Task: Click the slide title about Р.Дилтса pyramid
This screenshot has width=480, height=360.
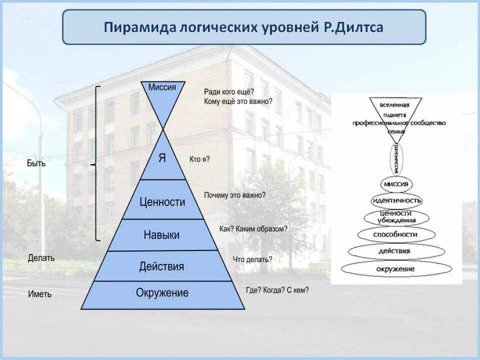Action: [x=243, y=27]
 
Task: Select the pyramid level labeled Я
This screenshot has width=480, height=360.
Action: [x=162, y=158]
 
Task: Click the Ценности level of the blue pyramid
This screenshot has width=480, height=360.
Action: [x=162, y=202]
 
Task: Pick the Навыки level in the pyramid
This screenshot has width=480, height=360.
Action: [x=161, y=234]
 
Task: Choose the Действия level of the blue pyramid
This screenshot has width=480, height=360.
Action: [x=161, y=266]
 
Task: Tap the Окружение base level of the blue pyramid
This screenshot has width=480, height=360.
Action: [x=162, y=293]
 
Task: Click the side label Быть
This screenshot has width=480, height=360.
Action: [x=36, y=163]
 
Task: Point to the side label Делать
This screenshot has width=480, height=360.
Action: [x=41, y=258]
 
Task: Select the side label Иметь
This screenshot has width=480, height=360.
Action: [x=40, y=294]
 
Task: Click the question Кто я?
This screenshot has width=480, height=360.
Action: [x=199, y=159]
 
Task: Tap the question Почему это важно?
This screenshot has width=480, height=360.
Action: [x=234, y=195]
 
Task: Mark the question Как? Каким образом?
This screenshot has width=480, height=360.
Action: [x=253, y=229]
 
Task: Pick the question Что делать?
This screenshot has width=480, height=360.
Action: [x=252, y=259]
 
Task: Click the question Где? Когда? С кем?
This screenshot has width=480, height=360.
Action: [x=277, y=290]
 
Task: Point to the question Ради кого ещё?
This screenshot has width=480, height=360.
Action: [x=229, y=92]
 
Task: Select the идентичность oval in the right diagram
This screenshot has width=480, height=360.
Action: [x=396, y=200]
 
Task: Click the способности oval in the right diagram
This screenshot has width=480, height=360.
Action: [x=395, y=233]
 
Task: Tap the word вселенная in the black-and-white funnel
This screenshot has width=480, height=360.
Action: [x=395, y=105]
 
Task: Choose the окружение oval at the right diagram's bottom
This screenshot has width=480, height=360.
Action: [x=396, y=269]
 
